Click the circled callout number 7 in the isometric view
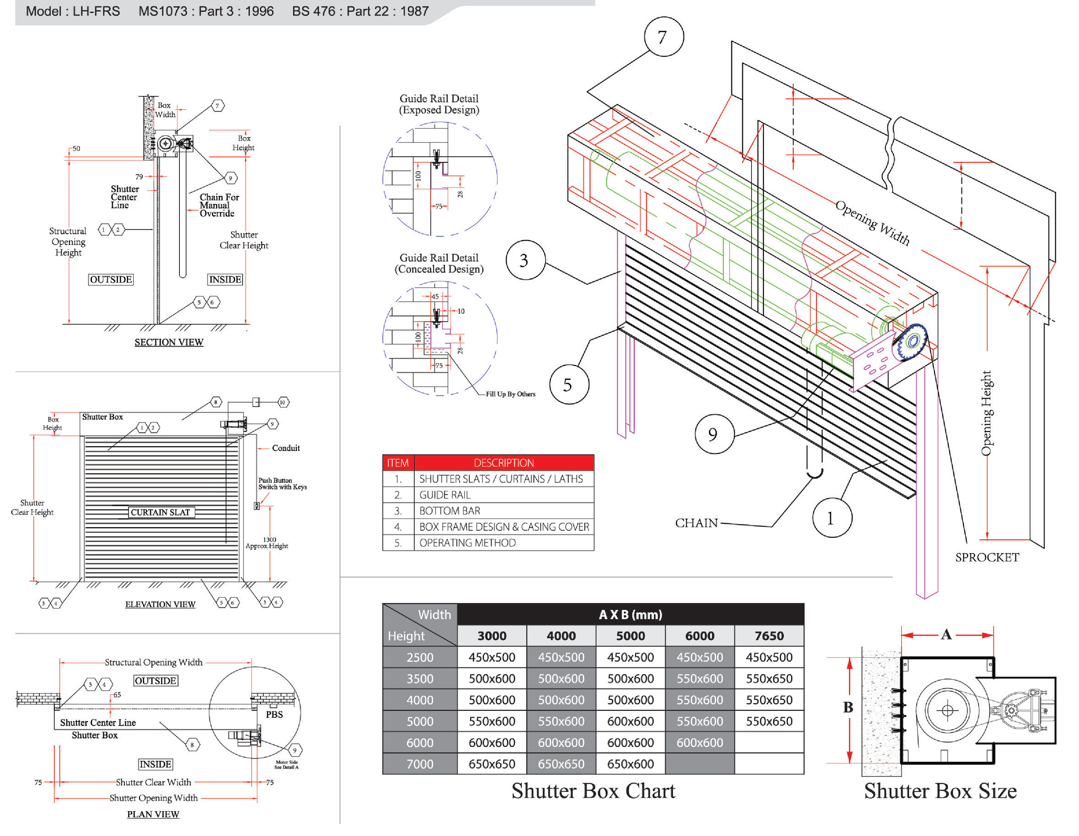click(663, 37)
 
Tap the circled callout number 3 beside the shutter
click(525, 260)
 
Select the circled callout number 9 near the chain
click(714, 434)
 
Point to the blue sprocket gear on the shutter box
click(912, 341)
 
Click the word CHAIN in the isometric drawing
click(696, 523)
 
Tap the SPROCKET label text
click(987, 557)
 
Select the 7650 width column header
click(769, 635)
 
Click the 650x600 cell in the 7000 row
click(631, 764)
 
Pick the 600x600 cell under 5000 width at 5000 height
click(631, 721)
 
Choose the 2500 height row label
click(419, 657)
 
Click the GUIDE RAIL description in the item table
click(445, 495)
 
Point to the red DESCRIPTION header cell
click(503, 463)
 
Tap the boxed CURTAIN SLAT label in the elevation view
click(160, 512)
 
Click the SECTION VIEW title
click(169, 342)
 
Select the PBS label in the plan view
click(274, 715)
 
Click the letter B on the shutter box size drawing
click(848, 707)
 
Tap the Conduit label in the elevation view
click(286, 448)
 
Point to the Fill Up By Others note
click(510, 394)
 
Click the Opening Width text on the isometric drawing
click(872, 223)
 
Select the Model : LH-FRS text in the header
click(72, 11)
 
